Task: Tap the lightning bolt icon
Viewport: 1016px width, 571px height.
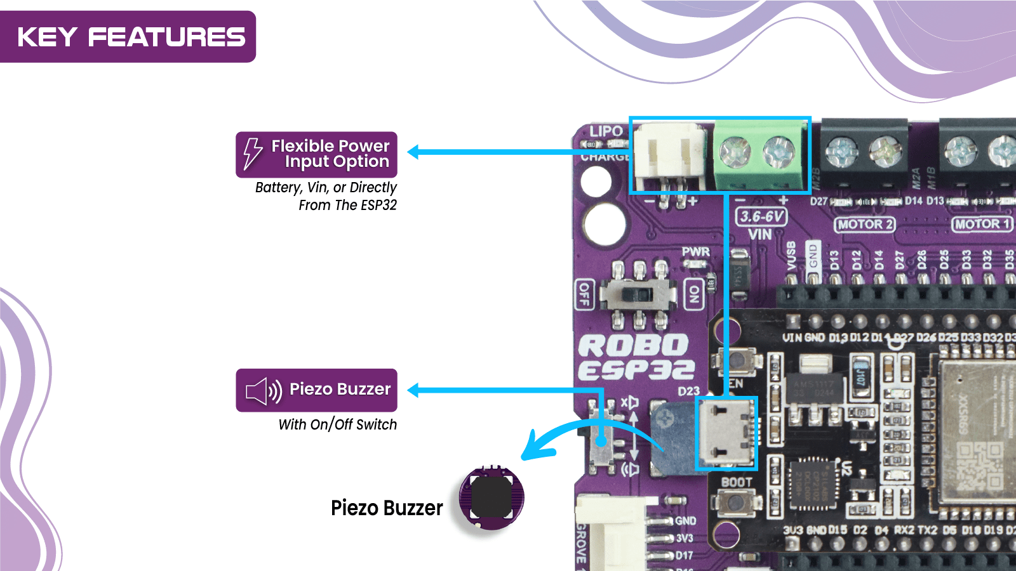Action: [253, 154]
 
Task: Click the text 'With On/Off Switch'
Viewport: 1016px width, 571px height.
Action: [337, 424]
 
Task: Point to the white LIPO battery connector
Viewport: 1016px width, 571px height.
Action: [669, 157]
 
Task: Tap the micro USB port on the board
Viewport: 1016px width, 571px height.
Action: [726, 433]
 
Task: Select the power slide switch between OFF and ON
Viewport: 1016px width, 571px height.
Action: [638, 294]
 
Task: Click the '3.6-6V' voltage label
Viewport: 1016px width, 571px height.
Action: [761, 217]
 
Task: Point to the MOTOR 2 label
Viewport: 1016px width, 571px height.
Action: [864, 225]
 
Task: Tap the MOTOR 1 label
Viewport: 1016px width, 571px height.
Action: [982, 224]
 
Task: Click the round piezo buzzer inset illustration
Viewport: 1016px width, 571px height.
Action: [491, 498]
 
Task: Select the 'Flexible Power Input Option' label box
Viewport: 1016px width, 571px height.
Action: [316, 154]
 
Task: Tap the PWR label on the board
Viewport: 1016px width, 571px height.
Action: [695, 252]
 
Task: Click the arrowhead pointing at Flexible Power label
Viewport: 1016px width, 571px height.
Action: [414, 152]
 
